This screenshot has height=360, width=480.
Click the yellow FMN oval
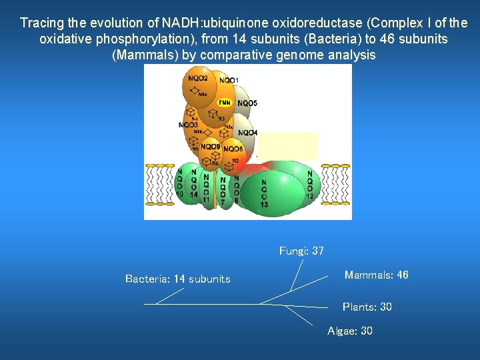[225, 103]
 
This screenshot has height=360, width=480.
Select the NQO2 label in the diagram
[198, 79]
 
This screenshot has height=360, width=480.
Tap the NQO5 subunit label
[247, 103]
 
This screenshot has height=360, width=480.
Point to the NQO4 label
[247, 133]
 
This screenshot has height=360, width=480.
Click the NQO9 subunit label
[210, 147]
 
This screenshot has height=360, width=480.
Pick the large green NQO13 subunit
[265, 193]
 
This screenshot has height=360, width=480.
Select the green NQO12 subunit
[309, 185]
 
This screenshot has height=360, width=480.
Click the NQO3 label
[189, 125]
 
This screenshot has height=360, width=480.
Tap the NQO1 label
[229, 81]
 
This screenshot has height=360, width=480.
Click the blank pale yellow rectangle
[288, 145]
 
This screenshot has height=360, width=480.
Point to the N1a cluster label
[202, 94]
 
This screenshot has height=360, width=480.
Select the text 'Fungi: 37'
[301, 251]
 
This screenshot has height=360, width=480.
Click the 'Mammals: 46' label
[376, 275]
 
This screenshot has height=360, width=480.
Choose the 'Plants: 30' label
[367, 307]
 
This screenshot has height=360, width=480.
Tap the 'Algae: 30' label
[350, 331]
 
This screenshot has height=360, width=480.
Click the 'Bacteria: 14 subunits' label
[177, 279]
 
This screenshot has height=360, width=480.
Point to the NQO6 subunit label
[233, 149]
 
